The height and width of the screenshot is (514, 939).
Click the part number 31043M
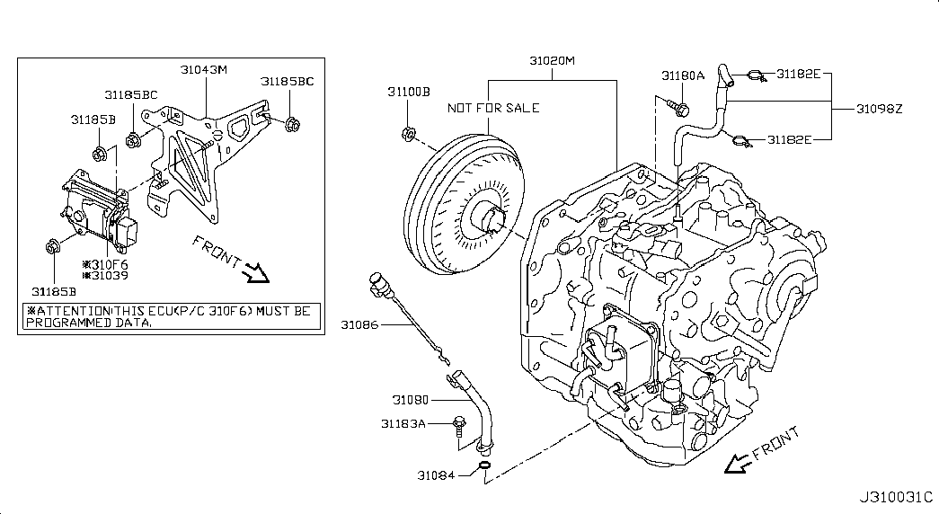pos(204,69)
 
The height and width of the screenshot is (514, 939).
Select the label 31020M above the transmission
pos(552,60)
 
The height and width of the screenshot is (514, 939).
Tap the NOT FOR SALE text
pos(493,108)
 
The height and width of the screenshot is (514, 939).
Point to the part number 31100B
pos(409,92)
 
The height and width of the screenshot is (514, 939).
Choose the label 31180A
pos(683,75)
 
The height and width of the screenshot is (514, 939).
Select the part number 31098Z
pos(879,109)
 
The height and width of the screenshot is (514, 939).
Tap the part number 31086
pos(360,324)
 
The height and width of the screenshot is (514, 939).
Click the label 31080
pos(411,400)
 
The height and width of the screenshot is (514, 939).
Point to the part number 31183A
pos(403,423)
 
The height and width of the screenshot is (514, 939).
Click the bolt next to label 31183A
pos(459,425)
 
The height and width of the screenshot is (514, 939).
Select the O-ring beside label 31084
pos(484,466)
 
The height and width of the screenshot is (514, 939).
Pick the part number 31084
pos(436,475)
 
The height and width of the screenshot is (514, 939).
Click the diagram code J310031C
pos(896,497)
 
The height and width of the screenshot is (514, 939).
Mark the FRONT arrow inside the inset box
pos(257,273)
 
